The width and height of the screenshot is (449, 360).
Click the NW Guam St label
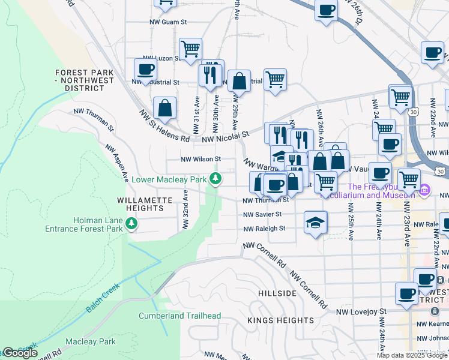coord(168,22)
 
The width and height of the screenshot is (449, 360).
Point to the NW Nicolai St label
coord(225,139)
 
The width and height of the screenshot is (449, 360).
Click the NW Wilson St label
coord(202,160)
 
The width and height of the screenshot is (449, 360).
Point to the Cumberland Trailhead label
coord(179,316)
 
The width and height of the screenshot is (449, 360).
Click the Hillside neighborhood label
coord(277,293)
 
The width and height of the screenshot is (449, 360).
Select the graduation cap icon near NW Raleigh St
coord(315,223)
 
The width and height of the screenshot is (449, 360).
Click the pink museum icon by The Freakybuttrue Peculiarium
coord(425,190)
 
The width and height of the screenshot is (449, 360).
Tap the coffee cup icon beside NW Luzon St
coord(145,69)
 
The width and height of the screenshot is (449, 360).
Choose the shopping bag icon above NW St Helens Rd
coord(164,108)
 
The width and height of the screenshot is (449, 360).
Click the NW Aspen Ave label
coord(117,163)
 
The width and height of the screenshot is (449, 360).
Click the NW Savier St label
coord(262,214)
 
